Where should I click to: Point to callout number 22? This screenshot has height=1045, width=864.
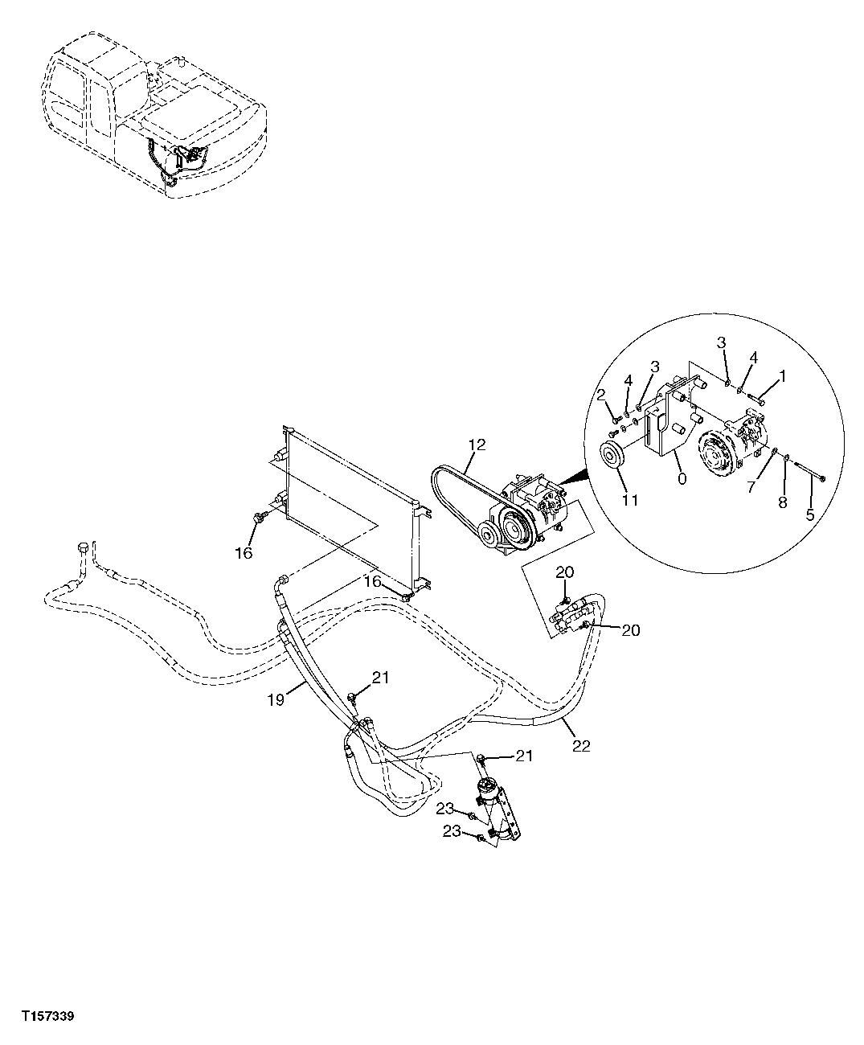point(581,745)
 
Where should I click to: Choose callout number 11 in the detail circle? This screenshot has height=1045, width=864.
point(629,500)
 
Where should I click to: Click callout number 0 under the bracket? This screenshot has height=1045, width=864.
point(682,477)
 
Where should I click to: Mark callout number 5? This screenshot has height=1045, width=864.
point(810,514)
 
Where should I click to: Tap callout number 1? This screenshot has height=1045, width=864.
point(782,374)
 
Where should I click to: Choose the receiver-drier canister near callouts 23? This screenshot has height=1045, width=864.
point(488,796)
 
